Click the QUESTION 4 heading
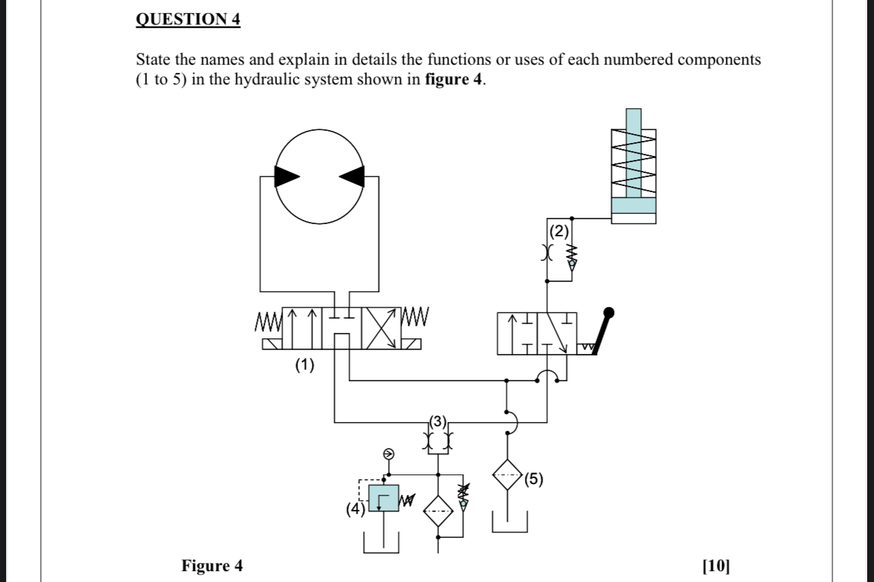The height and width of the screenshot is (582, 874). (x=188, y=20)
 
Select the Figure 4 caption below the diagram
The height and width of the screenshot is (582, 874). (x=212, y=566)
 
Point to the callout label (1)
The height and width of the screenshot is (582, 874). (x=305, y=366)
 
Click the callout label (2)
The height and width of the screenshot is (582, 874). (x=559, y=231)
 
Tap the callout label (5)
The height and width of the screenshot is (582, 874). (x=534, y=479)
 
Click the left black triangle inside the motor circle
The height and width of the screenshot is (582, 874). (x=287, y=176)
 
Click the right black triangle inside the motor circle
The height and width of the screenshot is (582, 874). (x=353, y=176)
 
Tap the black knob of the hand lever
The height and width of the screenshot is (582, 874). (x=609, y=313)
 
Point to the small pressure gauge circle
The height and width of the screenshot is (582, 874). (x=388, y=454)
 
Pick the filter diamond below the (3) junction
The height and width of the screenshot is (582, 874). (x=438, y=511)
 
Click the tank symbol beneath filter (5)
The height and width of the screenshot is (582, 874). (x=511, y=524)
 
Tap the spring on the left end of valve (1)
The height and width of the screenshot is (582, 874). (x=268, y=319)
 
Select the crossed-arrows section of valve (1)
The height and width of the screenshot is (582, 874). (x=383, y=328)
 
